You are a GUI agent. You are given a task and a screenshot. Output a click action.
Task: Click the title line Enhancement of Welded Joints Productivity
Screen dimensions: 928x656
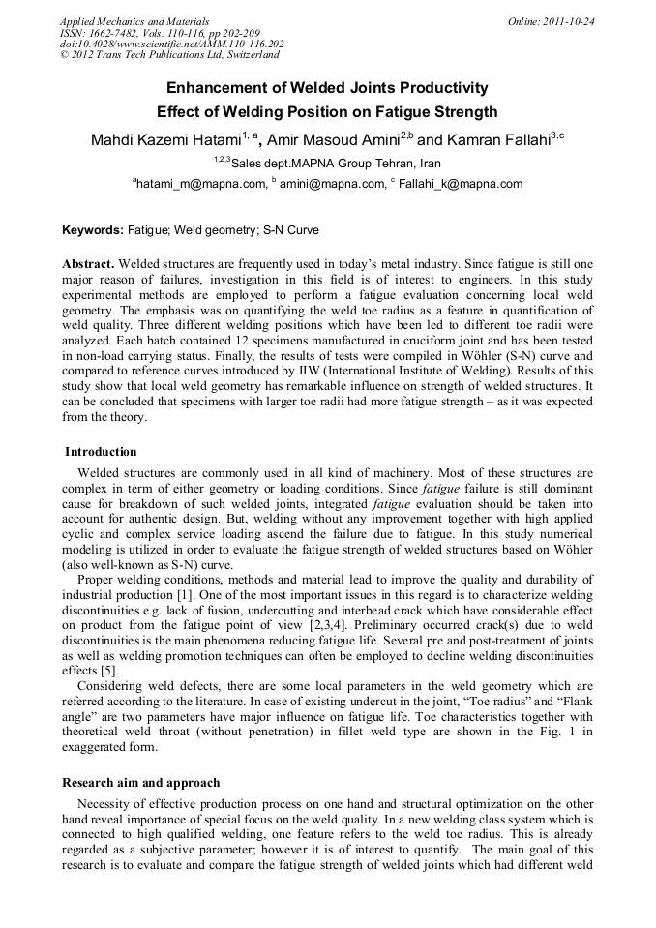(x=327, y=88)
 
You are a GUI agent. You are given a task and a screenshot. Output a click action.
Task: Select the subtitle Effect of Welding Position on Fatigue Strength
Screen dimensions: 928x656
(x=327, y=112)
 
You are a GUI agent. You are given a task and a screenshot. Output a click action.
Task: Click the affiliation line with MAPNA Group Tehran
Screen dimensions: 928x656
(x=327, y=164)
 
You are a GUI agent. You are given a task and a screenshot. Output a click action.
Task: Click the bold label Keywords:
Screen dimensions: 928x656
(x=93, y=231)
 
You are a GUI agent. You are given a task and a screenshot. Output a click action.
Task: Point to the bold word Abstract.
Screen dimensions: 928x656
(x=88, y=264)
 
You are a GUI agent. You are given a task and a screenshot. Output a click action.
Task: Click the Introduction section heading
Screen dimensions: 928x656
(x=101, y=452)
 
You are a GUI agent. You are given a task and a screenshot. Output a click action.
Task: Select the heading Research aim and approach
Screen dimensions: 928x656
(x=140, y=783)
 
